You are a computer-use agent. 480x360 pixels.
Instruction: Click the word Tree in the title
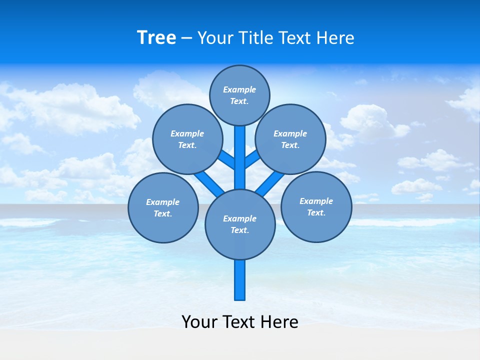(x=156, y=38)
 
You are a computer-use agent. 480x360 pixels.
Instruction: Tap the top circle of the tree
(x=239, y=95)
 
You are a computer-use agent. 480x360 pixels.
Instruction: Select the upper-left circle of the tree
(x=187, y=139)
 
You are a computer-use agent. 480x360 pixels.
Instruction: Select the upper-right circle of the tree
(x=290, y=139)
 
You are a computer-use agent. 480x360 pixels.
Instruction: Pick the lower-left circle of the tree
(x=163, y=207)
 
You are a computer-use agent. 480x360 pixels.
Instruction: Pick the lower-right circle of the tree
(x=316, y=206)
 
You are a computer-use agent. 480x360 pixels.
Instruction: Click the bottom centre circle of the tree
(x=240, y=224)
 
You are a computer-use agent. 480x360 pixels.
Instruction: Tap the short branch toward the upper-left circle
(x=226, y=159)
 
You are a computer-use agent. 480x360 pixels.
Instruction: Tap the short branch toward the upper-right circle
(x=252, y=158)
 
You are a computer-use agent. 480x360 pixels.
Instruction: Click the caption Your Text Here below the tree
(x=240, y=321)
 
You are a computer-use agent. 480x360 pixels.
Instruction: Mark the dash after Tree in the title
(x=186, y=38)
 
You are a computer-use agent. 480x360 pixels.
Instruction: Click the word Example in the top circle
(x=239, y=90)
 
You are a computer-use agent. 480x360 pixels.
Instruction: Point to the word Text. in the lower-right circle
(x=316, y=213)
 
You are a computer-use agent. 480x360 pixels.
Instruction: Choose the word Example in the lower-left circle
(x=163, y=202)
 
